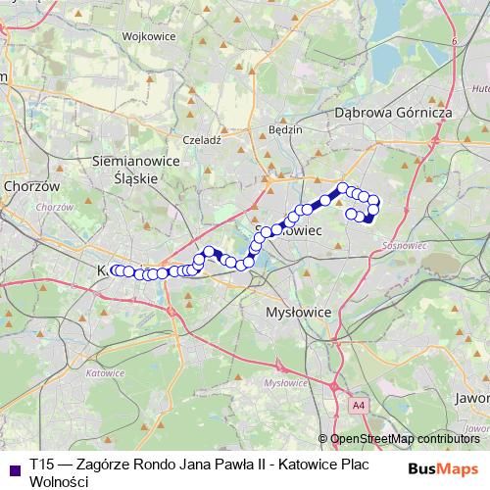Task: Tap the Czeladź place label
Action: [x=203, y=140]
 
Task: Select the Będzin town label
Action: [x=284, y=128]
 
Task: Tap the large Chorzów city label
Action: [x=31, y=185]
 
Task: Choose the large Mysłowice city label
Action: [x=300, y=311]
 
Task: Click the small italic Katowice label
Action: [x=104, y=372]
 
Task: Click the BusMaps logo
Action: [x=442, y=467]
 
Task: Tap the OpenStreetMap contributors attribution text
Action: [x=404, y=439]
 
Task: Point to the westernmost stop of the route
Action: [x=115, y=270]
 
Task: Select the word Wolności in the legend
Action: [x=59, y=481]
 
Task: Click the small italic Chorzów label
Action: [x=60, y=207]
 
